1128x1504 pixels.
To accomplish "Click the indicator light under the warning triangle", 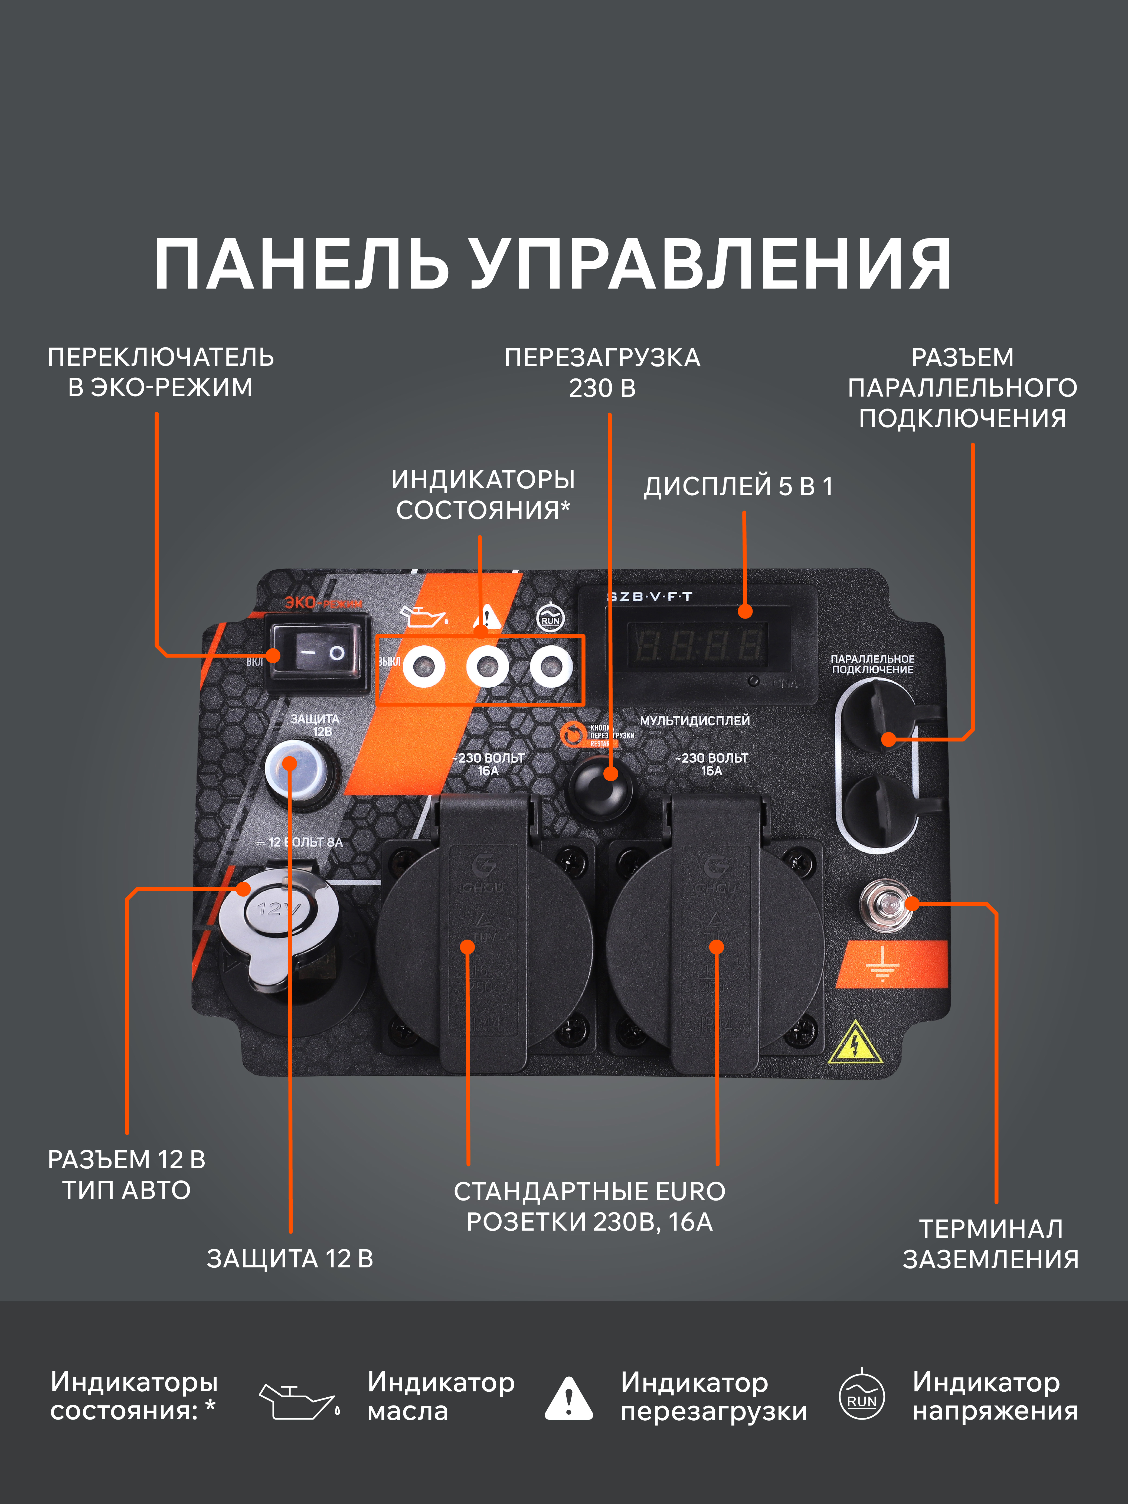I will pos(487,666).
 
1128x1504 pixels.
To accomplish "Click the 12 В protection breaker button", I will pos(296,774).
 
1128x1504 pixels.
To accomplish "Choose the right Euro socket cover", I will pos(715,945).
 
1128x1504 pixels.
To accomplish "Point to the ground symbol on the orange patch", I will pos(882,964).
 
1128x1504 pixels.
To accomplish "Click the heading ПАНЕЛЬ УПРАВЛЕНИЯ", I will pos(552,265).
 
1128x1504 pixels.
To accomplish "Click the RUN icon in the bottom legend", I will pos(861,1396).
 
